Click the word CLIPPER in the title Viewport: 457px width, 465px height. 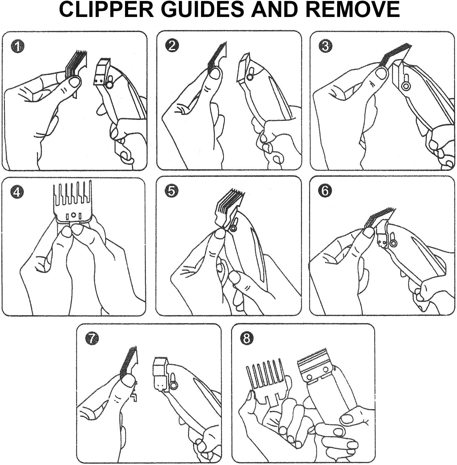pos(106,9)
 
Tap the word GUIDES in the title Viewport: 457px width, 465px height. pos(203,9)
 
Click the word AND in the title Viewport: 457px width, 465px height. pos(276,9)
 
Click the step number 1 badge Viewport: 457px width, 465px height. pos(18,46)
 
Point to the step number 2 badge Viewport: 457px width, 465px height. pos(172,45)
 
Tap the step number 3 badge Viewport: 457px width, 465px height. pos(325,46)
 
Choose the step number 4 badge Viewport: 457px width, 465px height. pos(17,192)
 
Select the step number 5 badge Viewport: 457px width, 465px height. pos(171,191)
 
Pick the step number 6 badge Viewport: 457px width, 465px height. pos(325,191)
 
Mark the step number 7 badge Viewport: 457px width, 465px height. pos(92,339)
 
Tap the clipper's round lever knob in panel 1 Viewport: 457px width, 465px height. pos(109,85)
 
